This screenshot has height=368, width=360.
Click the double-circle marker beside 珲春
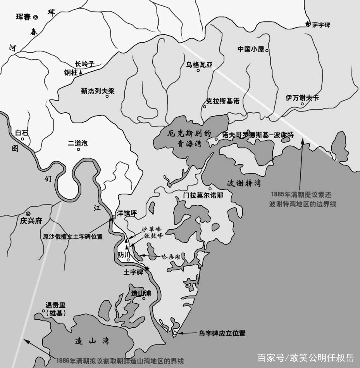pyautogui.click(x=36, y=17)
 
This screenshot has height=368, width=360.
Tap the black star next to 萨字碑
pyautogui.click(x=308, y=24)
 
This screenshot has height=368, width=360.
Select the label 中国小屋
pyautogui.click(x=251, y=49)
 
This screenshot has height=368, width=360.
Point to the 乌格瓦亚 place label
pyautogui.click(x=199, y=64)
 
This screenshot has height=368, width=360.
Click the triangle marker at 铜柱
pyautogui.click(x=81, y=72)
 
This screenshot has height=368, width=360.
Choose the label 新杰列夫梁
pyautogui.click(x=98, y=91)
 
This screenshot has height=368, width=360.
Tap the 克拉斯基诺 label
pyautogui.click(x=222, y=101)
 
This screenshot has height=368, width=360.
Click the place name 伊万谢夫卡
pyautogui.click(x=302, y=98)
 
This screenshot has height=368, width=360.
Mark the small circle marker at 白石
pyautogui.click(x=22, y=139)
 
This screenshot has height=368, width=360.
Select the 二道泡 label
pyautogui.click(x=78, y=143)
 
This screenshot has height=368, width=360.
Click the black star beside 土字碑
pyautogui.click(x=146, y=269)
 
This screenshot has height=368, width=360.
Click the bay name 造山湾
pyautogui.click(x=92, y=341)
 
